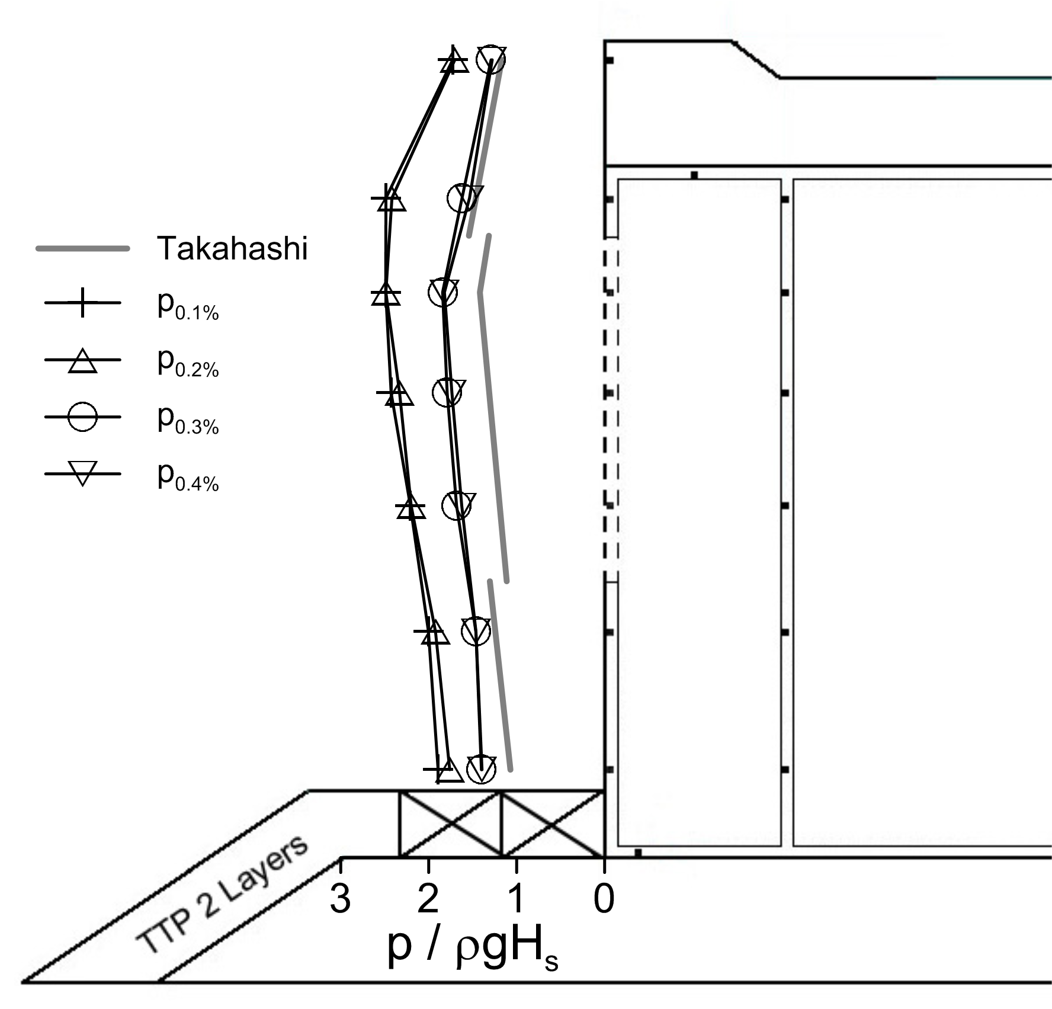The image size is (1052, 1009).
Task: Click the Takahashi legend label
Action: pyautogui.click(x=232, y=248)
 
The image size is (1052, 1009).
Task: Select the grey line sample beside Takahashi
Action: pyautogui.click(x=83, y=249)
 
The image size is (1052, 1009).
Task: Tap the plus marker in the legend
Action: pyautogui.click(x=82, y=303)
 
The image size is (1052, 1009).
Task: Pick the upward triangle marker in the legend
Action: pyautogui.click(x=82, y=361)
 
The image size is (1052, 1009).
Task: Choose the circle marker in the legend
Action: pyautogui.click(x=82, y=417)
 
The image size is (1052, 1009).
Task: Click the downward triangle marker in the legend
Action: pyautogui.click(x=82, y=473)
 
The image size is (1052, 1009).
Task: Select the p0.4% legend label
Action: pyautogui.click(x=188, y=476)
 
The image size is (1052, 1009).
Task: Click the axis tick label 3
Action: pyautogui.click(x=341, y=898)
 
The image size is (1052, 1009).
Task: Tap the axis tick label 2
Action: pyautogui.click(x=428, y=898)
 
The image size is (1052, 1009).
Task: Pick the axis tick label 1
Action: pyautogui.click(x=517, y=898)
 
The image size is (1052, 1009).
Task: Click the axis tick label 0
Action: pyautogui.click(x=604, y=898)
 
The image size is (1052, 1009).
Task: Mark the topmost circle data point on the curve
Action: pyautogui.click(x=490, y=60)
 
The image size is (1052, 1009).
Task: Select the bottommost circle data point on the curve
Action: pyautogui.click(x=481, y=770)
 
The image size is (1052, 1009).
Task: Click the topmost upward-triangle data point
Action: pyautogui.click(x=454, y=60)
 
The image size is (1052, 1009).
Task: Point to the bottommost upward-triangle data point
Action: pyautogui.click(x=450, y=770)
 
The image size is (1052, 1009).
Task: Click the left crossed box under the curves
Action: pyautogui.click(x=450, y=824)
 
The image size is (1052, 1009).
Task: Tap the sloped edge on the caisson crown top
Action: pyautogui.click(x=756, y=59)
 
